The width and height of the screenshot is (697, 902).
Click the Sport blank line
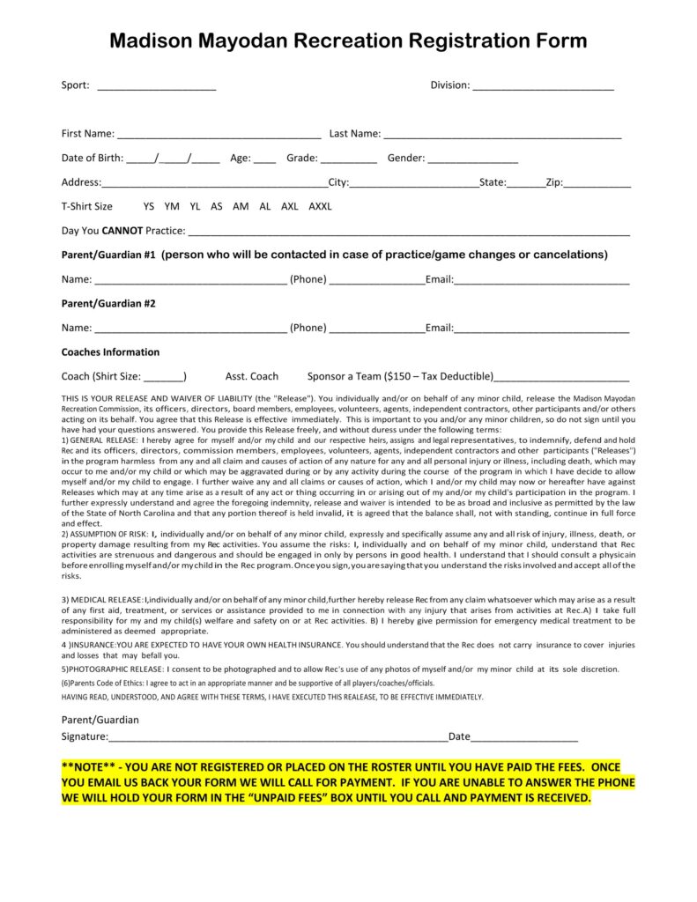tap(156, 87)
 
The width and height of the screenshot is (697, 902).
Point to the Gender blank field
tap(473, 160)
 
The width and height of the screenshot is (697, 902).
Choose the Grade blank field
tap(349, 160)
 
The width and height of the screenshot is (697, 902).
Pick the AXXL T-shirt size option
tap(320, 207)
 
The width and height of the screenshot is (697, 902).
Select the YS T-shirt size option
tap(149, 207)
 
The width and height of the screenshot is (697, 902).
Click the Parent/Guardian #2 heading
tap(108, 304)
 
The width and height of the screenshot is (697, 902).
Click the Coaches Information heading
tap(110, 352)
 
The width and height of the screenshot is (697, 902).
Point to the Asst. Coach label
tap(252, 376)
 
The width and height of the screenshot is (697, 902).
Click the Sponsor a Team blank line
tap(561, 378)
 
